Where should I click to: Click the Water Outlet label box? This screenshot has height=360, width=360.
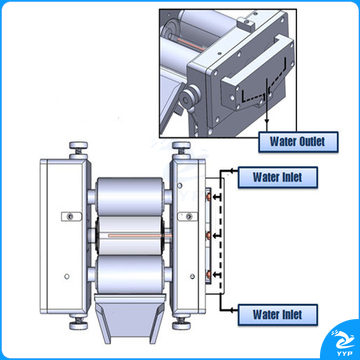298,142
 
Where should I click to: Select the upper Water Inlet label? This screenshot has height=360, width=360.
277,177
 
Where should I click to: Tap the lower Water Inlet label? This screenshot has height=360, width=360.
277,315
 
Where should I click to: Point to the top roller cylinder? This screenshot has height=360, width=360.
130,197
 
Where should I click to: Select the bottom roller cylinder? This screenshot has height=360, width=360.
130,274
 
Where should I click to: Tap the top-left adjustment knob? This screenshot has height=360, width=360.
78,150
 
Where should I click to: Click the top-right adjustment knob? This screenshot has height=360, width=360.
181,150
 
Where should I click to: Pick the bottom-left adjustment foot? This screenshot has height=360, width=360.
78,322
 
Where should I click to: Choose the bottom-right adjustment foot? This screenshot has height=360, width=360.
181,322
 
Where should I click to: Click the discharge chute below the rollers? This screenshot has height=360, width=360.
130,318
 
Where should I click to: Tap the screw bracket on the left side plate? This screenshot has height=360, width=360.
71,217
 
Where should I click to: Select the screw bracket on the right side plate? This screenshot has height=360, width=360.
189,217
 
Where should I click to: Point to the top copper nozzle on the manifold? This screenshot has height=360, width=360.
209,197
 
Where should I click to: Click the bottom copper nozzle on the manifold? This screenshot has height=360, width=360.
209,275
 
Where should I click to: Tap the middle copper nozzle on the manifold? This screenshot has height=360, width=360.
209,236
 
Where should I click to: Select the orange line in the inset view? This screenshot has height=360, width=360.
190,44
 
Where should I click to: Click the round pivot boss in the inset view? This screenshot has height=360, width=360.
187,97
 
